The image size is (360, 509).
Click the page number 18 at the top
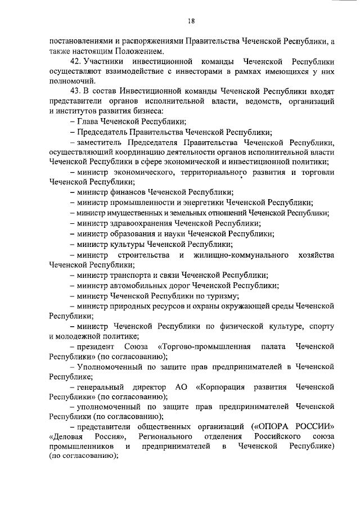191,21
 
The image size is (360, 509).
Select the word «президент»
93,346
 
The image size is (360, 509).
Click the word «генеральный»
98,387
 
